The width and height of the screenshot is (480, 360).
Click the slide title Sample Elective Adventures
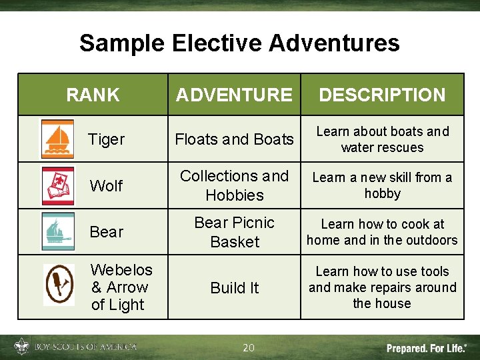[239, 43]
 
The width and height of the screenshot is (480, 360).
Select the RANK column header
[93, 95]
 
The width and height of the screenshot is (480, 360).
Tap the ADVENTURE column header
[233, 95]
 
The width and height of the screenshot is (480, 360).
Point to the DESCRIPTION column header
[382, 95]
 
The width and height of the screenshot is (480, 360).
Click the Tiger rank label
[107, 139]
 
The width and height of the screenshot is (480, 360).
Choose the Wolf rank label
[106, 186]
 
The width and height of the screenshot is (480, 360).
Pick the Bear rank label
[107, 232]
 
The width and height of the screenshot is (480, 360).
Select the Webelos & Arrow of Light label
[121, 287]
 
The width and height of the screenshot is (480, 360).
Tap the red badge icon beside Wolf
[58, 186]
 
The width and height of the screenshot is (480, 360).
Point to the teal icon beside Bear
[58, 231]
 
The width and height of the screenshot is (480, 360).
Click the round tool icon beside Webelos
[59, 285]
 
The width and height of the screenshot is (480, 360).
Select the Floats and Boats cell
[234, 139]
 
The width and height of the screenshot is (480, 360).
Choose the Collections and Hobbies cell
[234, 185]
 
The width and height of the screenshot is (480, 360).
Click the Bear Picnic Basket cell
[234, 232]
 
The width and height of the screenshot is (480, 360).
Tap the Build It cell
[234, 288]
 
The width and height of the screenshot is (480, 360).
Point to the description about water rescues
[382, 139]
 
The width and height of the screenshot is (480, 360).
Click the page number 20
[249, 347]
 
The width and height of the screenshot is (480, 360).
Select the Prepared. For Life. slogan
[427, 348]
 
